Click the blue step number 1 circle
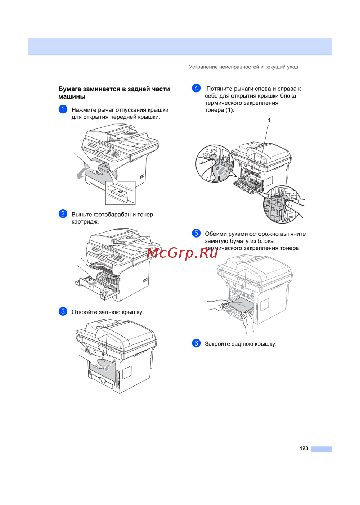63,109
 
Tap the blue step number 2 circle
63,214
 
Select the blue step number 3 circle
63,311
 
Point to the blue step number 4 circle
196,88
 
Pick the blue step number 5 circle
196,233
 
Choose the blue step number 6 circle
196,343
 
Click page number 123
303,448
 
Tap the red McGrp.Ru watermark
182,253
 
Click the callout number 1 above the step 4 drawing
269,120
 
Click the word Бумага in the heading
70,89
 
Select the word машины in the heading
72,97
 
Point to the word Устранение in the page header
203,67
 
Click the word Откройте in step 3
84,312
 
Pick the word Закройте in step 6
217,344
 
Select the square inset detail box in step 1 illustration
120,193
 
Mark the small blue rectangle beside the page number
321,449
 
